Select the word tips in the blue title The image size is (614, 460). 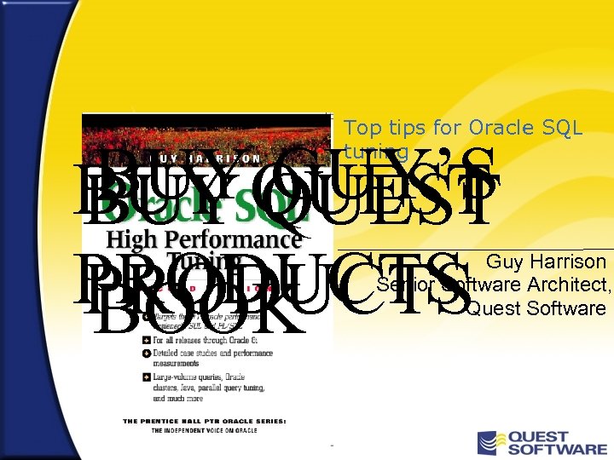coord(404,128)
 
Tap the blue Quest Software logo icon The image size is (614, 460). coord(490,443)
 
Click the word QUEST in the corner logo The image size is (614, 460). coord(555,437)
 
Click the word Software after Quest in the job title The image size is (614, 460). coord(566,308)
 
